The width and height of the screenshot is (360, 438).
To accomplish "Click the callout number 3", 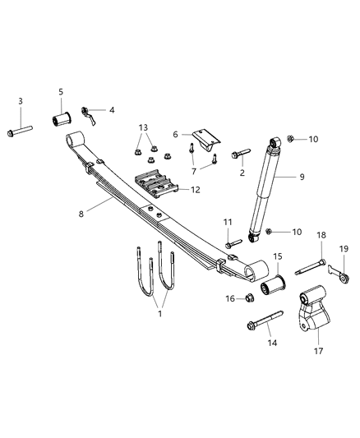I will pos(21,100).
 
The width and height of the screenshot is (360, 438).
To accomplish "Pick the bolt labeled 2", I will pos(242,153).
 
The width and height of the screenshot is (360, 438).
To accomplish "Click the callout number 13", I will pos(145,127).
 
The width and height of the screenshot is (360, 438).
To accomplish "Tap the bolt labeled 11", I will pos(233,242).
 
